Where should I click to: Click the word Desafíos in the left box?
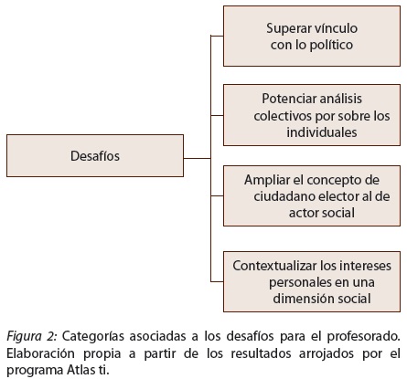coord(95,156)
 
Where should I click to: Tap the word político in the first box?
coord(331,45)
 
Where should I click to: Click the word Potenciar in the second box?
coord(284,99)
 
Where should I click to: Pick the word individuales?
coord(322,132)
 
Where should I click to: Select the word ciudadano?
coord(284,196)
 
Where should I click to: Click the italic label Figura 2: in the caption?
coord(32,337)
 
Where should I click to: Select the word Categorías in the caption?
coord(93,337)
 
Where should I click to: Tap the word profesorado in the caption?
coord(363,337)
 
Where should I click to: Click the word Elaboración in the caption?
coord(40,353)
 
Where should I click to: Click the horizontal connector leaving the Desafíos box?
coord(198,158)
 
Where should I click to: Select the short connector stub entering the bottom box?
coord(217,281)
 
